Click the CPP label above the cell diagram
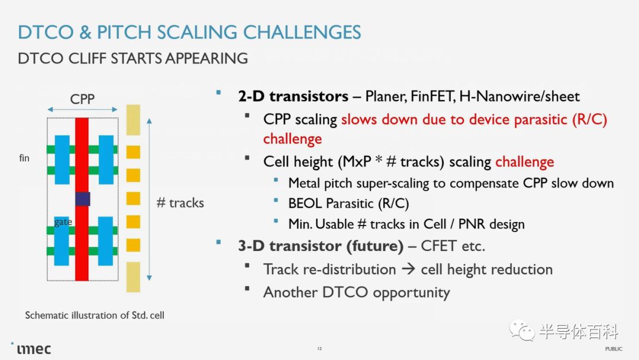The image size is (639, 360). (82, 99)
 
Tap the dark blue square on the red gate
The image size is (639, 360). (83, 199)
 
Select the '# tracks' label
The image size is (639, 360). (180, 202)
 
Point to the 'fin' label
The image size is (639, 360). (24, 157)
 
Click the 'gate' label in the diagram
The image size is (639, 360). (63, 222)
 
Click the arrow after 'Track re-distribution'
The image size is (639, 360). (408, 269)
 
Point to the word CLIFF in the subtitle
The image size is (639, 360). (87, 58)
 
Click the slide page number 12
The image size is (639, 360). (319, 349)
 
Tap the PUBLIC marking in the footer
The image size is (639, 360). (614, 349)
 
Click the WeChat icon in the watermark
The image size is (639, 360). (522, 330)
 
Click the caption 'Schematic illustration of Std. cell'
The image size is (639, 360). (95, 315)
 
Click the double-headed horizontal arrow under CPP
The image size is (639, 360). (82, 110)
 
